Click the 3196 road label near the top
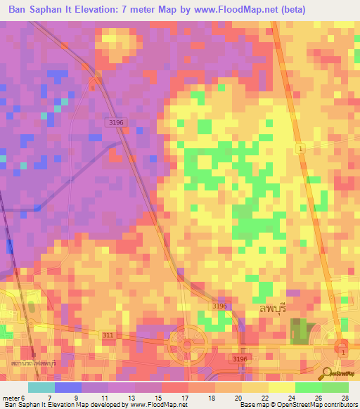pos(116,122)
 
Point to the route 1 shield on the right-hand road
pos(300,149)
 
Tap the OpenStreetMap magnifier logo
pos(328,373)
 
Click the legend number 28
pos(345,398)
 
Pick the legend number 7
pos(49,398)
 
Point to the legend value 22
pos(264,398)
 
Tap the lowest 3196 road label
pos(240,359)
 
